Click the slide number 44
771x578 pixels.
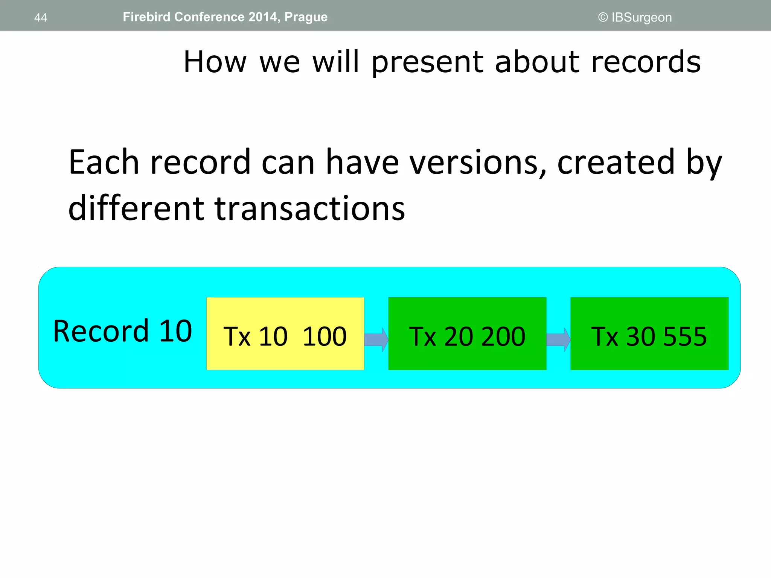[x=41, y=18]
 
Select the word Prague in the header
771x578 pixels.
[x=306, y=17]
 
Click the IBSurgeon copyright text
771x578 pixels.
[x=635, y=17]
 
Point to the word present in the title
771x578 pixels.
[x=428, y=62]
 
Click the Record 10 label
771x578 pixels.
[x=123, y=331]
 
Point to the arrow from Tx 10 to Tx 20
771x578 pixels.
[x=376, y=339]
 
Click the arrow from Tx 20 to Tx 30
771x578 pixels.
[x=558, y=339]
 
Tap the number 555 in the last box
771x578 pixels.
[x=685, y=336]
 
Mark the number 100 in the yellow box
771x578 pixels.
[x=325, y=336]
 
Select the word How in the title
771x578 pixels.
[x=215, y=62]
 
